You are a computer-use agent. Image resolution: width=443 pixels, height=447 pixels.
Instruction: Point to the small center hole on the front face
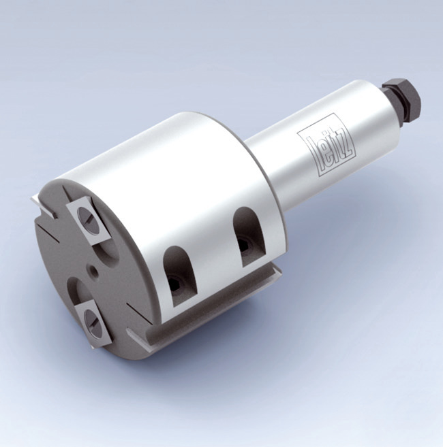(94, 271)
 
